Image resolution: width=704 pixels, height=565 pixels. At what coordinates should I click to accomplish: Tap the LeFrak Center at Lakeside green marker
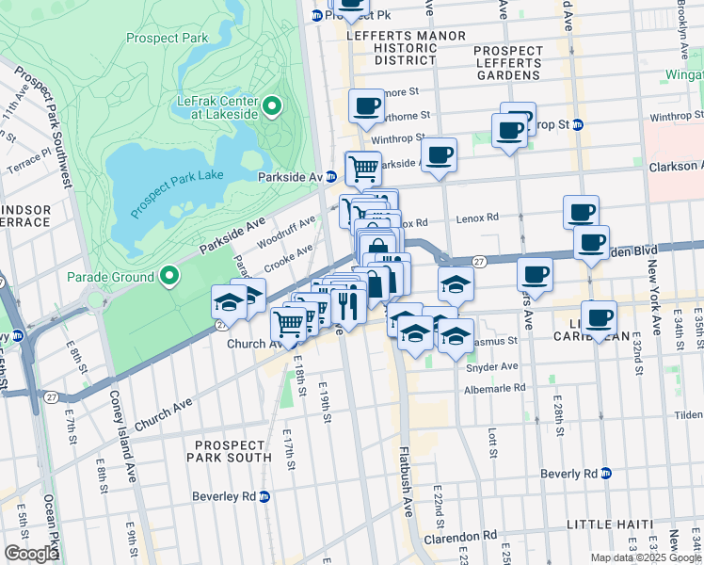pyautogui.click(x=273, y=106)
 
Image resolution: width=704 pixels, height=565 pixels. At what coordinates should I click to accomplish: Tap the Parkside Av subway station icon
pyautogui.click(x=331, y=176)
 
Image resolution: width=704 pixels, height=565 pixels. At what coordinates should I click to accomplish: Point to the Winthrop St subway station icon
pyautogui.click(x=578, y=124)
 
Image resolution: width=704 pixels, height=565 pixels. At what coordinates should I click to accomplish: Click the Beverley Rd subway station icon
pyautogui.click(x=264, y=495)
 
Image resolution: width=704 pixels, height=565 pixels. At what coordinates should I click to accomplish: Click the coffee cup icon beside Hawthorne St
pyautogui.click(x=366, y=105)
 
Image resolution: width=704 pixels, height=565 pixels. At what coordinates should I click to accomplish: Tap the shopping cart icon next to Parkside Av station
pyautogui.click(x=363, y=169)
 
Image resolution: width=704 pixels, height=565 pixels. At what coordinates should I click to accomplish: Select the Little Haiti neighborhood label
pyautogui.click(x=615, y=524)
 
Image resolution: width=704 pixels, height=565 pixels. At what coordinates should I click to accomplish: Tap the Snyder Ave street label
pyautogui.click(x=491, y=366)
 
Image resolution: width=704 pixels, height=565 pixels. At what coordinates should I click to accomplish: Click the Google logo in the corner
pyautogui.click(x=31, y=553)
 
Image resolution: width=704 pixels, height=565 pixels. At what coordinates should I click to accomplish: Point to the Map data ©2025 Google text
pyautogui.click(x=645, y=557)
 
